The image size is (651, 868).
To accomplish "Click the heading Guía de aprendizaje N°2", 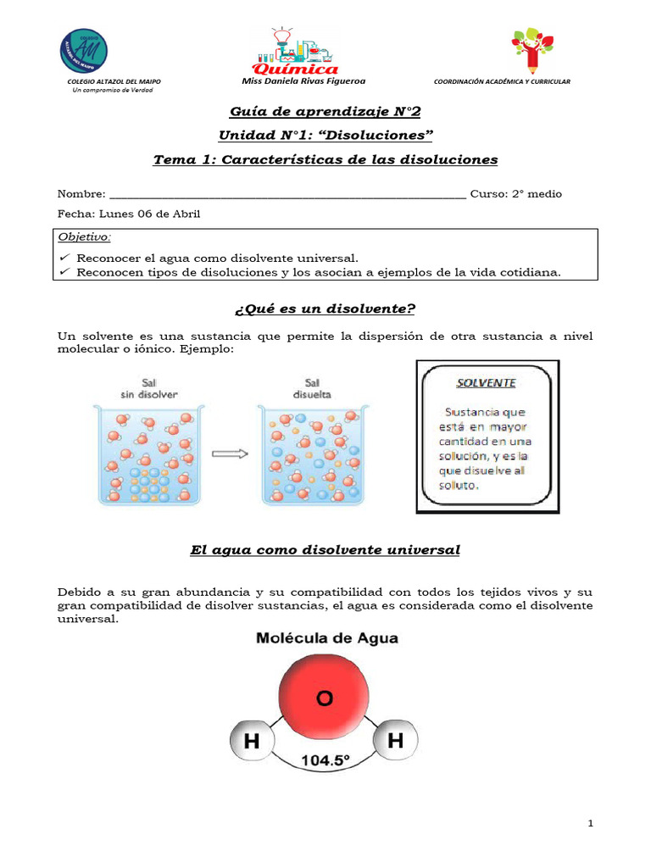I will click(325, 112).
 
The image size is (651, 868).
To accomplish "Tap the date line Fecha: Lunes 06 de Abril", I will click(129, 214).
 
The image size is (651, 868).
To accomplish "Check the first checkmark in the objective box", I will click(64, 258).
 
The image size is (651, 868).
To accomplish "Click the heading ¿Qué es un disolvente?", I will click(325, 307).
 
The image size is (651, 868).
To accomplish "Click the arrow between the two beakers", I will click(229, 453).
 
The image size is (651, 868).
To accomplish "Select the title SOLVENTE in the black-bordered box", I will click(486, 382).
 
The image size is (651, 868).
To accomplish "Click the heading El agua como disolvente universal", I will click(325, 550).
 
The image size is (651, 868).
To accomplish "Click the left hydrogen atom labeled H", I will click(251, 743).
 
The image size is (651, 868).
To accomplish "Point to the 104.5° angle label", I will click(323, 761).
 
